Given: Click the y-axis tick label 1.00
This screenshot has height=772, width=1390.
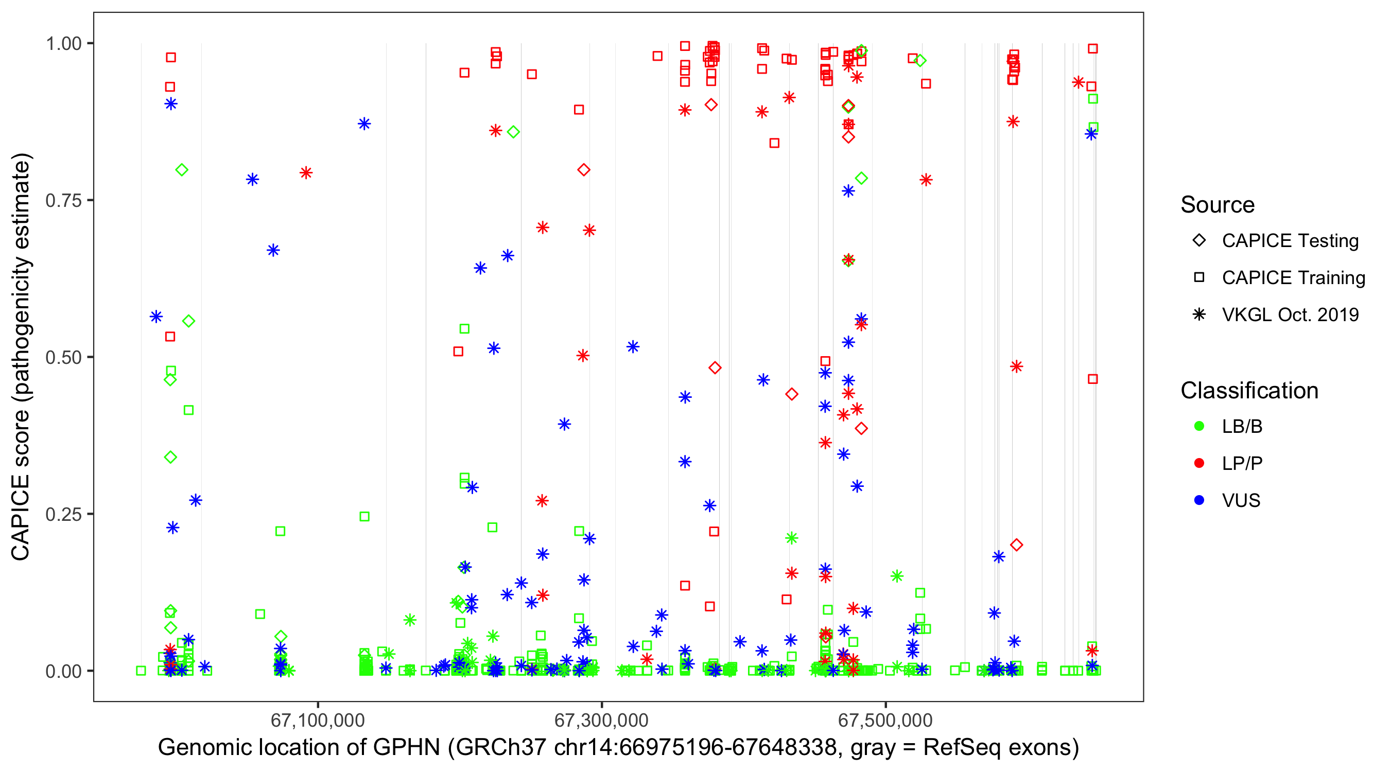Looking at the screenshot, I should click(x=63, y=44).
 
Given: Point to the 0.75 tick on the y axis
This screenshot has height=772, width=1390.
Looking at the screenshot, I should click(x=63, y=201).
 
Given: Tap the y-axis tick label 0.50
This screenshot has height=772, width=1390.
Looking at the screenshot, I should click(x=63, y=358).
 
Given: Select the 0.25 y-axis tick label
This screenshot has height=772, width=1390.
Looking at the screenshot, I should click(x=63, y=514).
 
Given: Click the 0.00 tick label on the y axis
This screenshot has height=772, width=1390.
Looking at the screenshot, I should click(x=63, y=671).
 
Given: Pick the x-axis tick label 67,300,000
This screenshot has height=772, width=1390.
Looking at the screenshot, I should click(x=601, y=720).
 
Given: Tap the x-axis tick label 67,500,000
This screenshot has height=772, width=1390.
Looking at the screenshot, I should click(x=885, y=720).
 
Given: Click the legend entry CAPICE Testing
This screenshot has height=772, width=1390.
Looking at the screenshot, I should click(x=1290, y=241).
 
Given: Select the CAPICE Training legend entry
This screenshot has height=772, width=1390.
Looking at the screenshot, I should click(x=1293, y=278).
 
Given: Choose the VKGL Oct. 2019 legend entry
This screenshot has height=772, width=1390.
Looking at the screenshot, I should click(x=1290, y=314).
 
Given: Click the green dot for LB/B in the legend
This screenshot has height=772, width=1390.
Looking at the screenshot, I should click(x=1199, y=426).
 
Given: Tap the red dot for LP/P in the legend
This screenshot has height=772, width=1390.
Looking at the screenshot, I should click(x=1199, y=463).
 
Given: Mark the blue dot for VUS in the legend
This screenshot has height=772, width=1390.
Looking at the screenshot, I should click(x=1199, y=500).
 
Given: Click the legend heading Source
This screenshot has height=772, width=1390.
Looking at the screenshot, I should click(x=1218, y=205).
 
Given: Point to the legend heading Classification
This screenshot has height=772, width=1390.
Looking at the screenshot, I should click(x=1249, y=391).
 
